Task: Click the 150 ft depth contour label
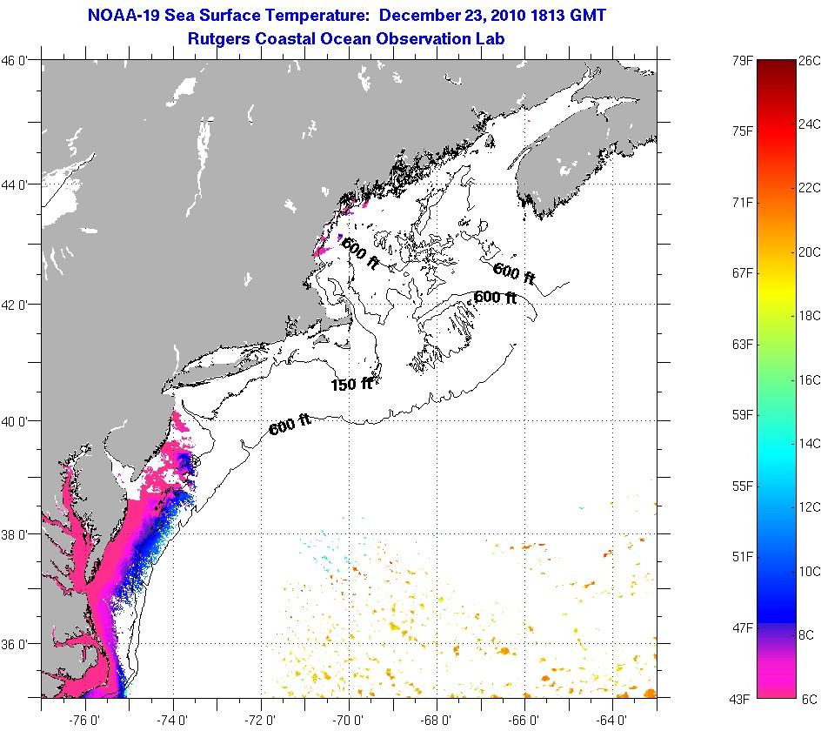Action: [x=351, y=384]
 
